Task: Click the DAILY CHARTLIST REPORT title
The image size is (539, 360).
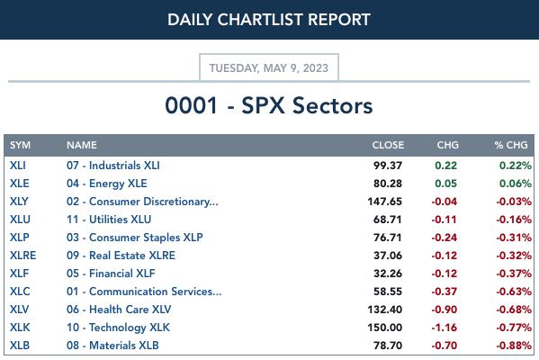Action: pyautogui.click(x=269, y=20)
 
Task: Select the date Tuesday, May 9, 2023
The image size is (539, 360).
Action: pyautogui.click(x=269, y=68)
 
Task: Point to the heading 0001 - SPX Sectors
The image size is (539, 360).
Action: pyautogui.click(x=269, y=105)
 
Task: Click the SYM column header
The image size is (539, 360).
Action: pyautogui.click(x=21, y=145)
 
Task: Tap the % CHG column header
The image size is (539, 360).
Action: pyautogui.click(x=511, y=145)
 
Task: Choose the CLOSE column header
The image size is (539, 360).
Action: pyautogui.click(x=388, y=145)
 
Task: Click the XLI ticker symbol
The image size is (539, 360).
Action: pyautogui.click(x=18, y=166)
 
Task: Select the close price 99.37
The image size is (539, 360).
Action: pyautogui.click(x=388, y=166)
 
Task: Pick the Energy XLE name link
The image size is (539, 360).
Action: pyautogui.click(x=107, y=184)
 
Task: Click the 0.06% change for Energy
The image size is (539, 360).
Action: pyautogui.click(x=516, y=184)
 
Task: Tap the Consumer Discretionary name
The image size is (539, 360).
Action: pyautogui.click(x=142, y=202)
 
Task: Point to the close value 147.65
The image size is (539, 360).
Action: pyautogui.click(x=384, y=202)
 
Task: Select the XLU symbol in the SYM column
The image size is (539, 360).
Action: pyautogui.click(x=20, y=220)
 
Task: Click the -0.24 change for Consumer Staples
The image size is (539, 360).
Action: pyautogui.click(x=445, y=238)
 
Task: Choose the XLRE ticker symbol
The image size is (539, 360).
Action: pyautogui.click(x=23, y=256)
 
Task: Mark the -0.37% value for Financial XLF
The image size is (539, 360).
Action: pyautogui.click(x=514, y=274)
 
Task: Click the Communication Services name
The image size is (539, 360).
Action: pyautogui.click(x=144, y=292)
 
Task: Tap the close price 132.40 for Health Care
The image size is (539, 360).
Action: pyautogui.click(x=384, y=310)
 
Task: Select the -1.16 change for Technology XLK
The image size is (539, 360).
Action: pyautogui.click(x=445, y=328)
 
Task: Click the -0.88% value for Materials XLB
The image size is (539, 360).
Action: pyautogui.click(x=514, y=346)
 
